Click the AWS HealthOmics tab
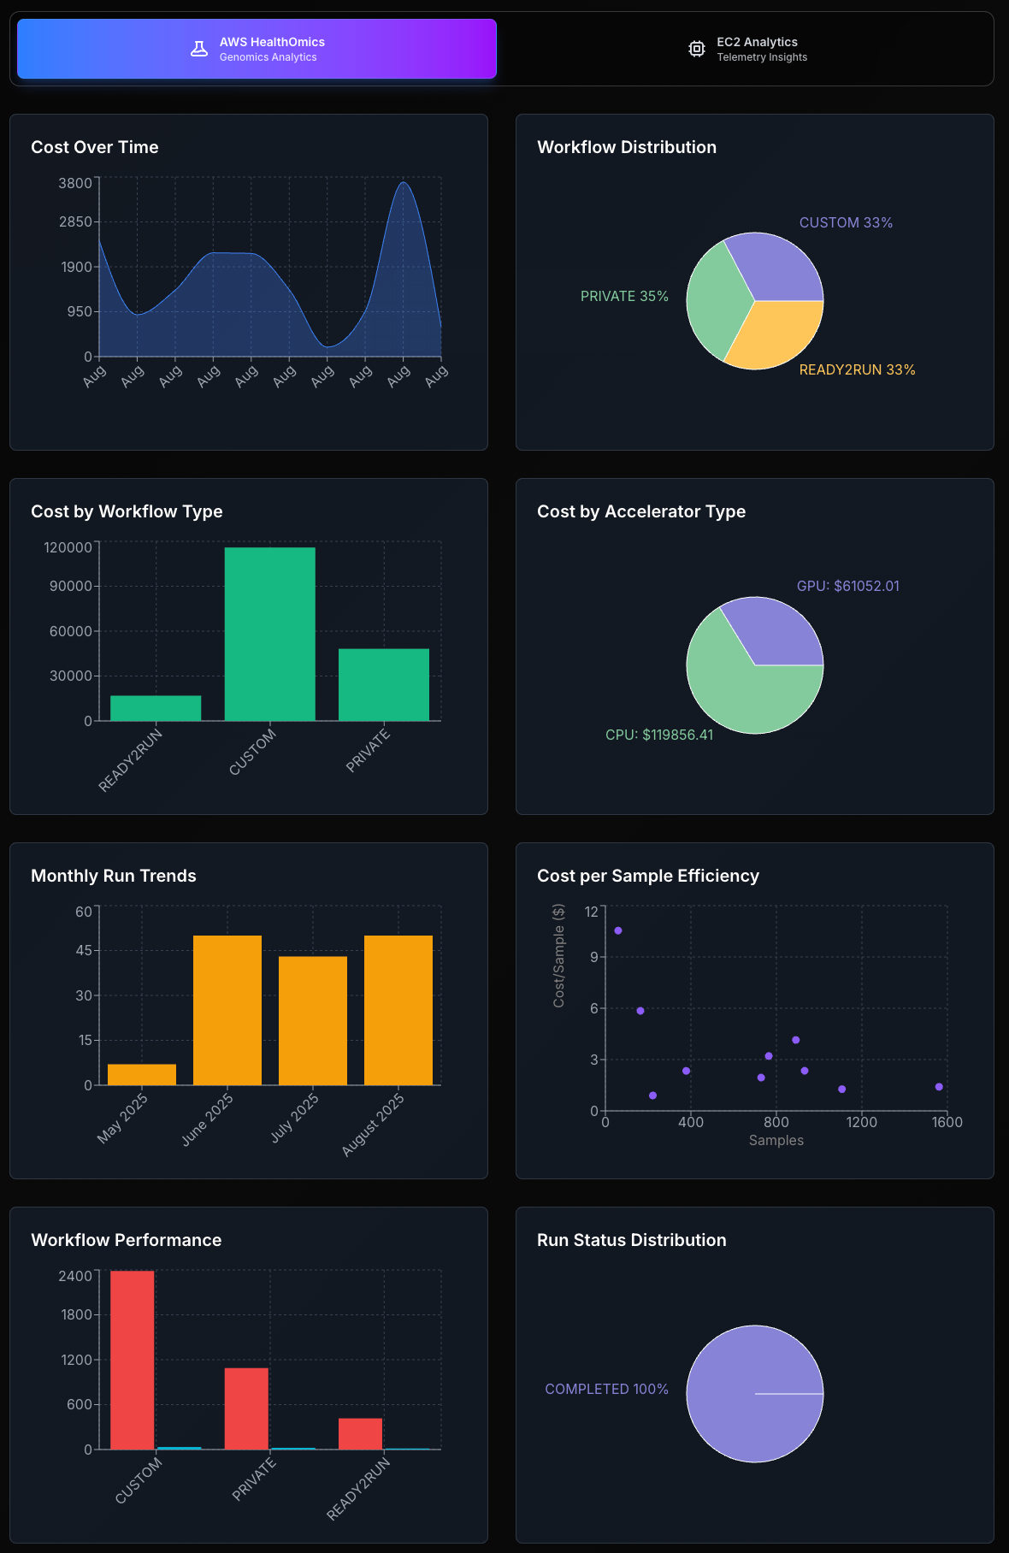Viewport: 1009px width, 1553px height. pyautogui.click(x=257, y=49)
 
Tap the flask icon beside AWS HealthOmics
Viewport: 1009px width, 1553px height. pyautogui.click(x=199, y=49)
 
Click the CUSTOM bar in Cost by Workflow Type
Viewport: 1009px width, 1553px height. pyautogui.click(x=269, y=634)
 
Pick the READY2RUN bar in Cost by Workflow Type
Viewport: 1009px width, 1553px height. pyautogui.click(x=156, y=708)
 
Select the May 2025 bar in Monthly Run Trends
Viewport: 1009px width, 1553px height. pyautogui.click(x=142, y=1075)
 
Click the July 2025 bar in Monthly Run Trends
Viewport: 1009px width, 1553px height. pyautogui.click(x=313, y=1020)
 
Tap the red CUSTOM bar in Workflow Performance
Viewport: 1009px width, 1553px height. pyautogui.click(x=133, y=1360)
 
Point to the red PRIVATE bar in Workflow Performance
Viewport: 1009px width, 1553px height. pyautogui.click(x=246, y=1408)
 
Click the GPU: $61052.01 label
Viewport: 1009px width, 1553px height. pyautogui.click(x=847, y=586)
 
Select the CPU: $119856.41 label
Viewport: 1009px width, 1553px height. pyautogui.click(x=658, y=735)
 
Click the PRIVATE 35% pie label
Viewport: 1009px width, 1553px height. pyautogui.click(x=624, y=296)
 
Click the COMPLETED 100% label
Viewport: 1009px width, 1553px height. pyautogui.click(x=606, y=1389)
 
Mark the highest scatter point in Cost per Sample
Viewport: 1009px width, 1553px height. pyautogui.click(x=618, y=930)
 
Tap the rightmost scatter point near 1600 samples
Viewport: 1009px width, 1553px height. pyautogui.click(x=939, y=1087)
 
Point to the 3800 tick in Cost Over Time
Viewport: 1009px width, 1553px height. pyautogui.click(x=74, y=183)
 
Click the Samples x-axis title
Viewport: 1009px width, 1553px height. pyautogui.click(x=776, y=1140)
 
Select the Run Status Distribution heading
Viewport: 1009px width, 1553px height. pyautogui.click(x=631, y=1240)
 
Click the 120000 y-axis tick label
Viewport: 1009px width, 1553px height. pyautogui.click(x=68, y=547)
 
